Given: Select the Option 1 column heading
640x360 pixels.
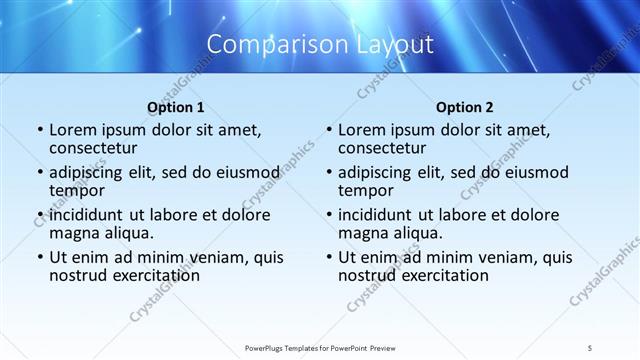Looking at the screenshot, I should [175, 107].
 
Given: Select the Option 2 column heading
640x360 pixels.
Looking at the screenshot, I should [464, 107].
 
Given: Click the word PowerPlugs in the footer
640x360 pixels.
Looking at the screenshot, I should [267, 347].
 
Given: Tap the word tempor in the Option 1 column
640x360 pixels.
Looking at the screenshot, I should [77, 190].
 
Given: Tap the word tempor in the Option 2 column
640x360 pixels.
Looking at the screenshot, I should [366, 190].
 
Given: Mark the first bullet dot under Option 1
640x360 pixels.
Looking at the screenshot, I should [40, 130].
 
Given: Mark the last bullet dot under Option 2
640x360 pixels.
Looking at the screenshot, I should [329, 257].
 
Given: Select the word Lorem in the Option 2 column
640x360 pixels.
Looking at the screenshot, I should [360, 130].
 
